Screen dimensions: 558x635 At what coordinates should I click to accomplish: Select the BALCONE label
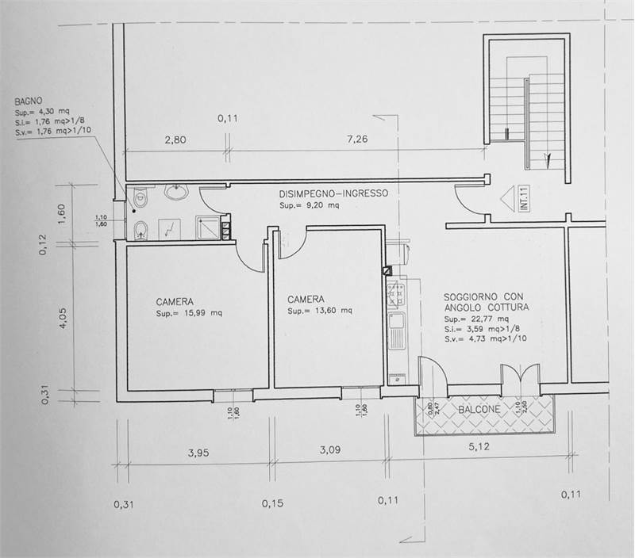[479, 410]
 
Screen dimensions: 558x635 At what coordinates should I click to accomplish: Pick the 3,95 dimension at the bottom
[198, 453]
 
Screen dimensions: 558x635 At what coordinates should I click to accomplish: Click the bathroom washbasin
[175, 191]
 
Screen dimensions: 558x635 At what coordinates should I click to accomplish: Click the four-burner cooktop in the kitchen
[395, 294]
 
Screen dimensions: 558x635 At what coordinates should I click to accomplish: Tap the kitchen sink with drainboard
[395, 324]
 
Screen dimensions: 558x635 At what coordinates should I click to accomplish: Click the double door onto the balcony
[514, 378]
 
